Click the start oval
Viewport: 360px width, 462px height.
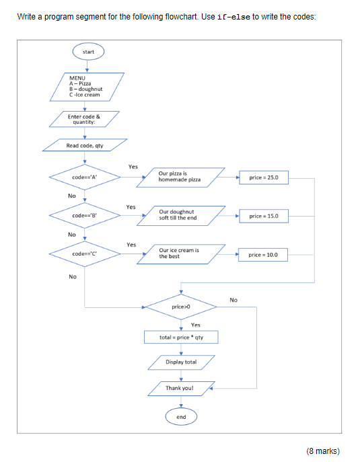click(x=88, y=52)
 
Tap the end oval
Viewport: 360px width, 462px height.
click(x=181, y=417)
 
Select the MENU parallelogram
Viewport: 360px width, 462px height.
click(x=87, y=87)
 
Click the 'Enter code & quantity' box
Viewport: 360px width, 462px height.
click(x=84, y=119)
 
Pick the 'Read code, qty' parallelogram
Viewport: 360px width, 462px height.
click(x=85, y=145)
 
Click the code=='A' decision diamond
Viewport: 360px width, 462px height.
click(x=85, y=177)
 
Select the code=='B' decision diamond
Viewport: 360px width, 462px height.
click(x=85, y=215)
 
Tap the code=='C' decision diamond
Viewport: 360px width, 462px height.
click(x=85, y=254)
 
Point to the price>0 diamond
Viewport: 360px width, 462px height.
click(x=181, y=307)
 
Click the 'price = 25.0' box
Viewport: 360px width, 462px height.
click(x=264, y=178)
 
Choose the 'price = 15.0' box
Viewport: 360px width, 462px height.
click(x=264, y=216)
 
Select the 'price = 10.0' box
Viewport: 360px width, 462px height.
click(x=263, y=255)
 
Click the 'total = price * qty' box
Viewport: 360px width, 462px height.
click(x=181, y=337)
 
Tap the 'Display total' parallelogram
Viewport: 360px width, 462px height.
click(x=181, y=362)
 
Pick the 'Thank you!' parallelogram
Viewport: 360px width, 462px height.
click(x=181, y=388)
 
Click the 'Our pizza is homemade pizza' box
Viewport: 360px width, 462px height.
click(x=181, y=178)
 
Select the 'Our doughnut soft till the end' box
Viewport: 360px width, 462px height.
click(x=181, y=216)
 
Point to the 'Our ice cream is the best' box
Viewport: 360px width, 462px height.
click(x=181, y=254)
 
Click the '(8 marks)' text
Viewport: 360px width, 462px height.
click(x=323, y=451)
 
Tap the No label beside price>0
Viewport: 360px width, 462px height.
click(x=233, y=300)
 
